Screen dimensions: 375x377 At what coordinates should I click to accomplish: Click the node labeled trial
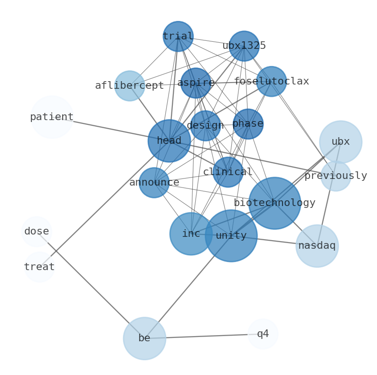(178, 37)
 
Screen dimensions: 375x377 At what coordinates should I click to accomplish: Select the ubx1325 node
(244, 46)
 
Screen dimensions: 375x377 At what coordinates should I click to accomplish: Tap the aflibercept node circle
(130, 86)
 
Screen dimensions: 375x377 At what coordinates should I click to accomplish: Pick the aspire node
(196, 83)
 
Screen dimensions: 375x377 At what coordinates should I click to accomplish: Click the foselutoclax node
(271, 82)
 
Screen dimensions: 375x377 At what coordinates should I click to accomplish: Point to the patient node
(52, 117)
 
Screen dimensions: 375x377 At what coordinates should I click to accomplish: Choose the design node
(205, 126)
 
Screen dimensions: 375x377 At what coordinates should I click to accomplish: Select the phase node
(248, 124)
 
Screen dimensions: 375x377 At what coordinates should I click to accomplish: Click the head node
(169, 141)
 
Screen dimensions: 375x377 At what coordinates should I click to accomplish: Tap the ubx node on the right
(340, 142)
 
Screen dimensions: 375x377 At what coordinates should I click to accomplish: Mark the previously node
(336, 176)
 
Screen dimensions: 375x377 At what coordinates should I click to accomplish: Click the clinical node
(228, 172)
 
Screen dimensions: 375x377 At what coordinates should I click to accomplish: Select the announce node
(154, 183)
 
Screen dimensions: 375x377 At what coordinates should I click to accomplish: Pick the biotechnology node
(274, 203)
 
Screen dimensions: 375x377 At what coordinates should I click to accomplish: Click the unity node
(231, 236)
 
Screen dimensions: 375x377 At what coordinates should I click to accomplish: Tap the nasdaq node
(317, 246)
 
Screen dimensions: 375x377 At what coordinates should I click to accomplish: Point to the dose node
(37, 232)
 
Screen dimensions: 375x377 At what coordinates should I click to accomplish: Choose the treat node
(39, 267)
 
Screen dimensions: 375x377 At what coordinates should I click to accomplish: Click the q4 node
(263, 334)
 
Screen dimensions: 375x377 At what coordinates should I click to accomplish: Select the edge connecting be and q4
(204, 337)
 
